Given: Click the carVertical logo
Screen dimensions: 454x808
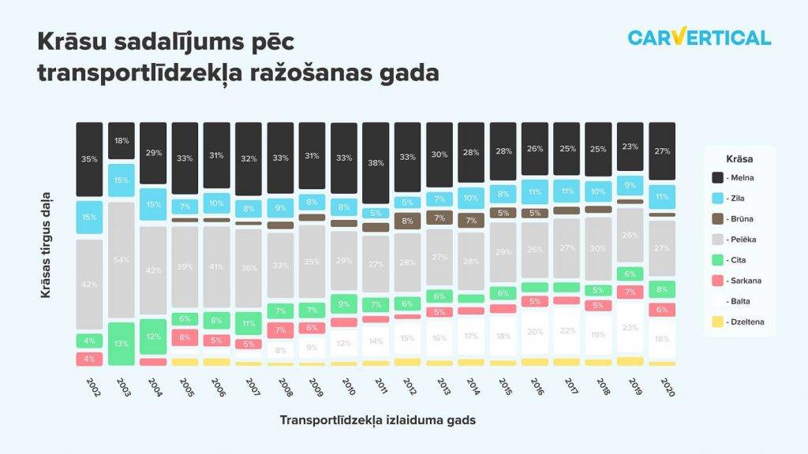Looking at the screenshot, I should (x=699, y=37).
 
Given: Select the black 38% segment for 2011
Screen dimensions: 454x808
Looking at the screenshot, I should (x=376, y=163).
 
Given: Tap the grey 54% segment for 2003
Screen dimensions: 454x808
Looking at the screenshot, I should (x=121, y=260).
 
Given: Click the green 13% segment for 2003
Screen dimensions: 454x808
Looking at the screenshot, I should (x=121, y=344).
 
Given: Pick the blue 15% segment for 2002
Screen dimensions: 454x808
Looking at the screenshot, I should (x=89, y=218).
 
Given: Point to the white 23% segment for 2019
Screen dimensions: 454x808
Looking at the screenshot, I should (x=630, y=327).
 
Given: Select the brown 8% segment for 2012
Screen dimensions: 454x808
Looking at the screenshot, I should (x=407, y=221).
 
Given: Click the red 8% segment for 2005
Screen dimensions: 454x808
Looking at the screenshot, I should (x=185, y=337).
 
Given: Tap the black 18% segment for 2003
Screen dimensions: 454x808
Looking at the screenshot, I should (x=121, y=141).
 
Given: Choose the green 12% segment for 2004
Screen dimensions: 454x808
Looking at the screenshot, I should (x=153, y=337).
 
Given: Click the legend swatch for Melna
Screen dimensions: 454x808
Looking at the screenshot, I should (x=718, y=177).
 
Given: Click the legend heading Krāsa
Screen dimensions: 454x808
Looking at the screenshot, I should (x=738, y=158).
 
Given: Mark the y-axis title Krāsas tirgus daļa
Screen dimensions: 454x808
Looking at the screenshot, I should (x=47, y=244).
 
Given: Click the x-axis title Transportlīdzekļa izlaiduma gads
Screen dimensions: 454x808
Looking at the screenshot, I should (x=377, y=420).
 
